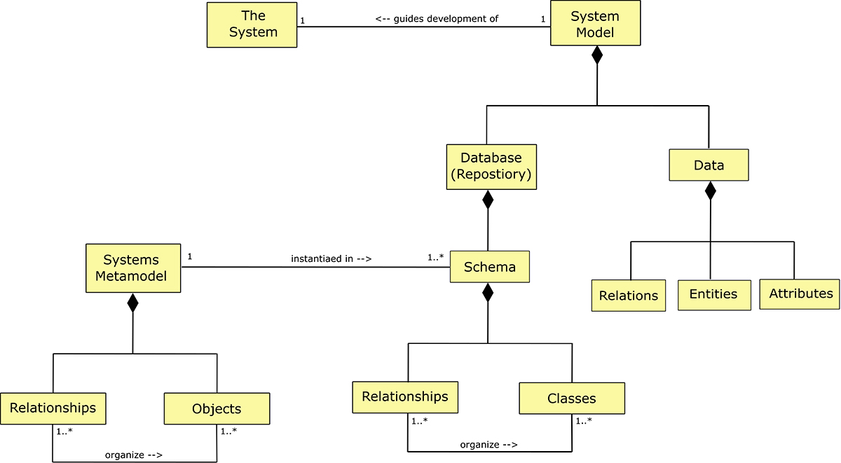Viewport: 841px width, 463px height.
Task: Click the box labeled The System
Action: pos(252,25)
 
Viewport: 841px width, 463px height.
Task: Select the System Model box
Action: pos(595,24)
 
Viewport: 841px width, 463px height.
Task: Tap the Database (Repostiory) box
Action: pos(491,167)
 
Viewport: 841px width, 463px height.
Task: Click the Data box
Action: pos(709,165)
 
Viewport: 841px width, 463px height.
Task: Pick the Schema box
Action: pos(489,267)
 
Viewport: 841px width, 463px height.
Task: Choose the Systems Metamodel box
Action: pos(132,268)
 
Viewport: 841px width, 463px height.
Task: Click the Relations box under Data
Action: pos(629,295)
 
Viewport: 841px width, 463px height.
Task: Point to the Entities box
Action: pos(713,294)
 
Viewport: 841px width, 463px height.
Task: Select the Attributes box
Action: pos(800,293)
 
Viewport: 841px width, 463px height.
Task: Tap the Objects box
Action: pos(217,408)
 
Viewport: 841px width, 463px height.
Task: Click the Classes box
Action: pos(571,398)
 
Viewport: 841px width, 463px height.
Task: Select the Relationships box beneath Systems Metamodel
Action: pos(53,408)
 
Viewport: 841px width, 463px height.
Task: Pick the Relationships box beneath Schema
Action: pos(405,396)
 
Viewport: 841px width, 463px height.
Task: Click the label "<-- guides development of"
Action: pos(437,19)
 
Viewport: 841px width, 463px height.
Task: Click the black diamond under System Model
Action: pos(596,55)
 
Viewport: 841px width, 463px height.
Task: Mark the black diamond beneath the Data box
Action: pos(711,190)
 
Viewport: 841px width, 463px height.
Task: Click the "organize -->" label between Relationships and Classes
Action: pos(489,444)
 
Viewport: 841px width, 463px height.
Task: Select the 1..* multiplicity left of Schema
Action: pos(435,257)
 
